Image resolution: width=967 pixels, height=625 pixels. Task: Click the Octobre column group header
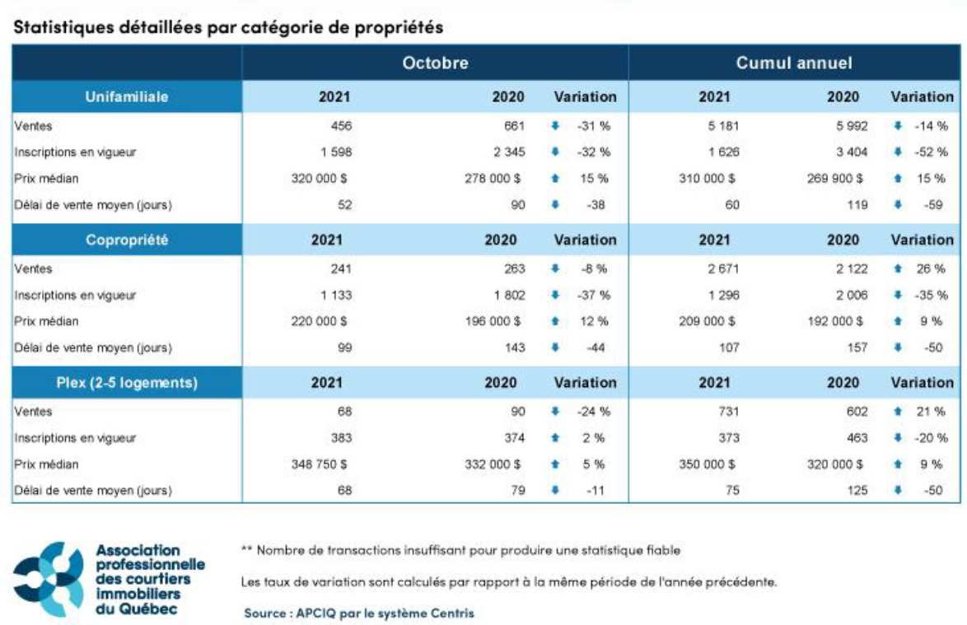pos(435,63)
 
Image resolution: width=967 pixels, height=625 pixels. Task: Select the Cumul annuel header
pos(794,63)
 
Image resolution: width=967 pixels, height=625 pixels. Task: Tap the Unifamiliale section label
pos(127,96)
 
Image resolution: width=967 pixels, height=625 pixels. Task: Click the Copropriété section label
pos(127,240)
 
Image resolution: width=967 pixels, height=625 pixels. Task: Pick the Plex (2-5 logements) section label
pos(127,382)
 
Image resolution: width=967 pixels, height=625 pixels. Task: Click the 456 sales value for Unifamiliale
pos(340,126)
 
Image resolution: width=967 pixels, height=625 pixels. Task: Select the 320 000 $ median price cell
pos(320,178)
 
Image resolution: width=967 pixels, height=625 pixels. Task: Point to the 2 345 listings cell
pos(504,152)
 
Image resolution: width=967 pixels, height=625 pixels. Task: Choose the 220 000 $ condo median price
pos(320,321)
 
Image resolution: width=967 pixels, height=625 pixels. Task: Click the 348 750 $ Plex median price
pos(320,464)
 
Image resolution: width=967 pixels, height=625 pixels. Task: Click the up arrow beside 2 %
pos(555,439)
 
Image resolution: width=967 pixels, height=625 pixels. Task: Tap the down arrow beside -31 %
pos(555,126)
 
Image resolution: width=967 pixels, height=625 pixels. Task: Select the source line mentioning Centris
pos(359,613)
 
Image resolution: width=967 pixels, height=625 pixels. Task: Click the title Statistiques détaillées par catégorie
pos(228,27)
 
